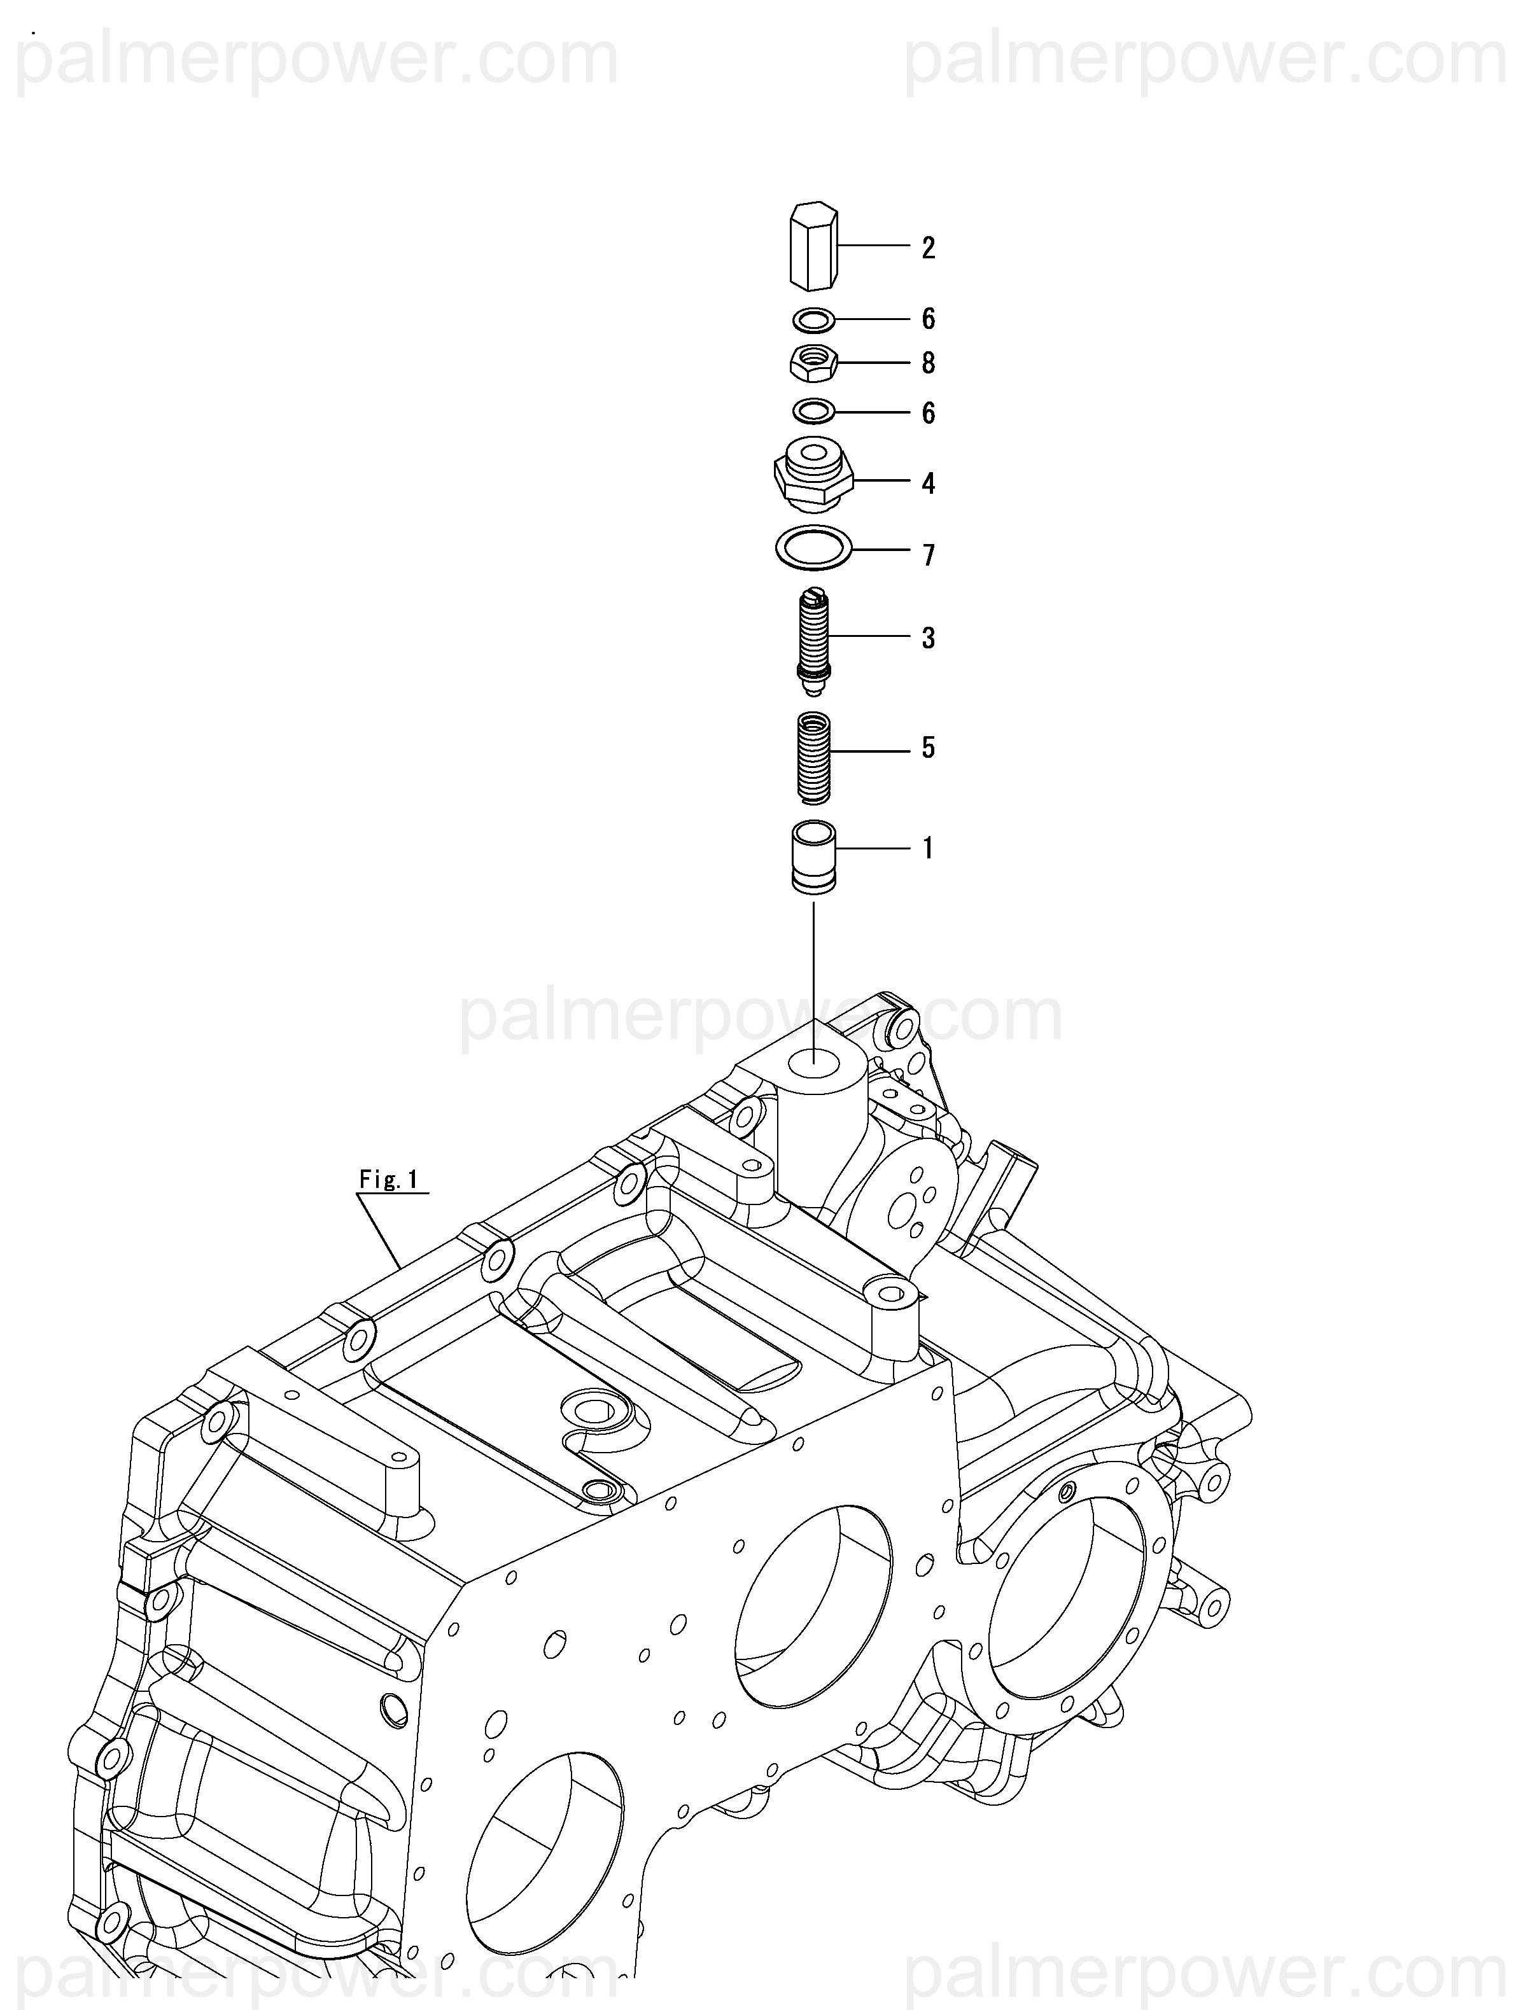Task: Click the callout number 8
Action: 928,363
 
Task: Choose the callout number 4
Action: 928,484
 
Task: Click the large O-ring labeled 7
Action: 813,549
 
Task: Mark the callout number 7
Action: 928,555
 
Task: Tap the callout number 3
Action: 928,639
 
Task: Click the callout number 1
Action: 928,849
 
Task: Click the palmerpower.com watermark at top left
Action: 318,59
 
